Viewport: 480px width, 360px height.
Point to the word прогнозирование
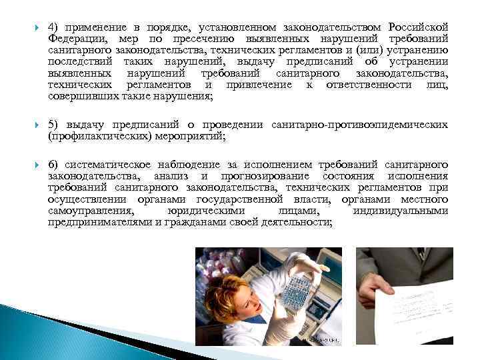point(269,176)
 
